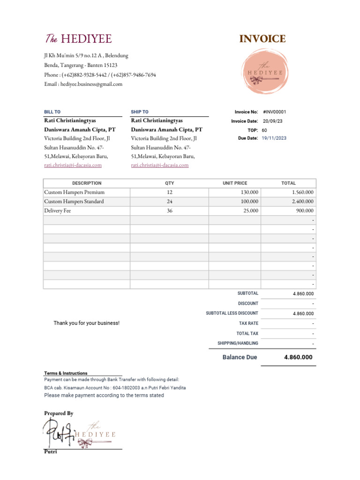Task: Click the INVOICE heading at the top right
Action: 262,39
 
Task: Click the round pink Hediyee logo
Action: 262,73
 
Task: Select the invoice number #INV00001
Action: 275,112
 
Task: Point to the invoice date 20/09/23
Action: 273,121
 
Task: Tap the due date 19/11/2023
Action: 274,138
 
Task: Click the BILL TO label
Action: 52,112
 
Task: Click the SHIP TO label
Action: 140,112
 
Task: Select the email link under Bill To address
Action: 73,165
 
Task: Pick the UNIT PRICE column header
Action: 234,183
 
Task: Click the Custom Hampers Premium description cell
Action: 74,192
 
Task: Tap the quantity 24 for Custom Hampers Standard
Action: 169,202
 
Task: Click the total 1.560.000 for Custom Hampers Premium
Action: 302,192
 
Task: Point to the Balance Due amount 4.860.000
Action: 298,357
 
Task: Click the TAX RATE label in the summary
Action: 248,323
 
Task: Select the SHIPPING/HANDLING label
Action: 238,343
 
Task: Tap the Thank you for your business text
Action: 86,323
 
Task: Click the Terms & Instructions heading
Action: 66,373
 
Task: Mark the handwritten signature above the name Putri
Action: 59,432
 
